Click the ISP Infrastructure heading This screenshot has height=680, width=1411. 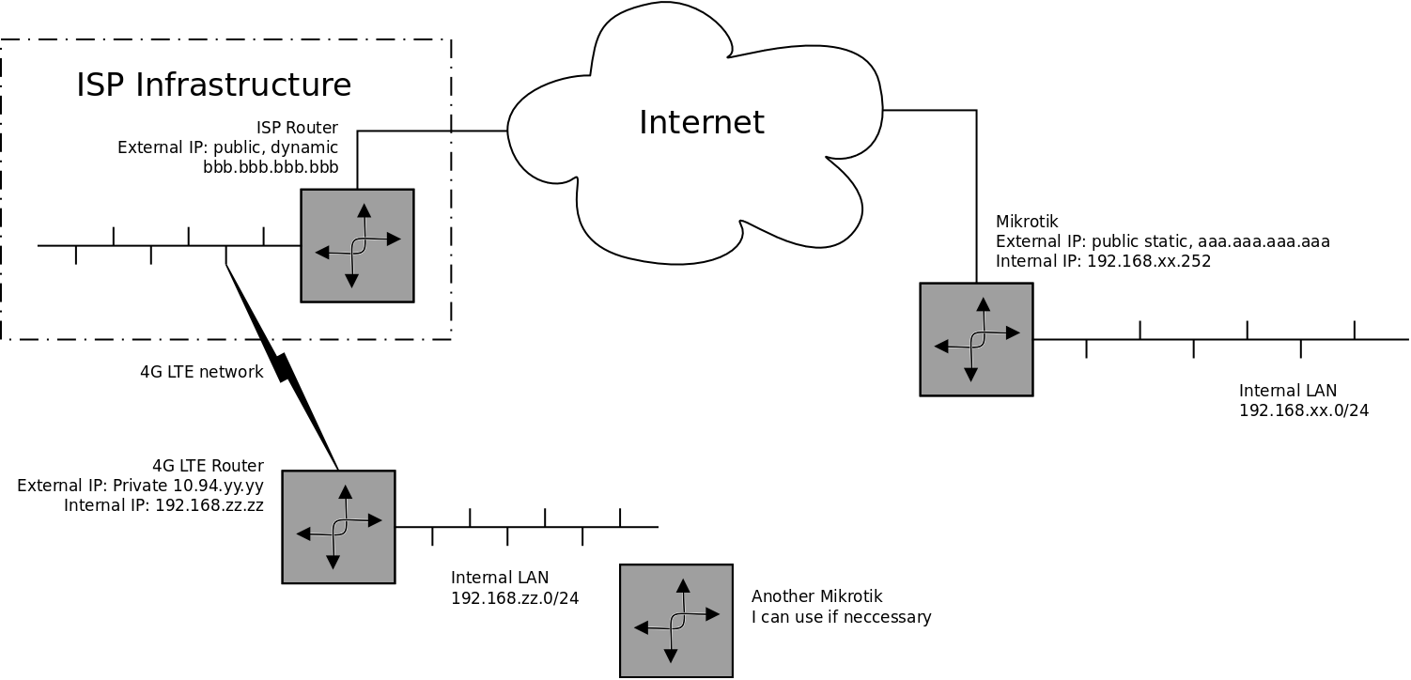213,85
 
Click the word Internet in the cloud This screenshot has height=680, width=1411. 701,123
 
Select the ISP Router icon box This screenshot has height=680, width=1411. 357,245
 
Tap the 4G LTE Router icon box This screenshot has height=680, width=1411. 338,527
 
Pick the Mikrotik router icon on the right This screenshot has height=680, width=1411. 976,339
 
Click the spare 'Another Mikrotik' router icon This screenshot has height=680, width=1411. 675,621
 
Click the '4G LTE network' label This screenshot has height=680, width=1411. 201,372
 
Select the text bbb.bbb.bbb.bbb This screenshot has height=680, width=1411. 270,168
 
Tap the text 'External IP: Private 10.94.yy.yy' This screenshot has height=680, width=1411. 140,486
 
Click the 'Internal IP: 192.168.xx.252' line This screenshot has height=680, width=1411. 1103,261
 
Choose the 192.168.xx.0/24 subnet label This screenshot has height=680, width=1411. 1303,410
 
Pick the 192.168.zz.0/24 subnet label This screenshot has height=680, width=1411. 515,598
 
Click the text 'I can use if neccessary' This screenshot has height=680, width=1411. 841,617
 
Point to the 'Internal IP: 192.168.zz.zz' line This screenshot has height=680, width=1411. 163,505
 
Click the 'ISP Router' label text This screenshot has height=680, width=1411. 297,128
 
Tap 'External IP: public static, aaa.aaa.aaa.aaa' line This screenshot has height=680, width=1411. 1162,241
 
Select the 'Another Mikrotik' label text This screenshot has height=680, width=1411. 816,596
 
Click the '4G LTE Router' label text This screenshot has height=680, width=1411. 208,466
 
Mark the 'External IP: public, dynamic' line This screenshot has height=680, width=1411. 227,147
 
